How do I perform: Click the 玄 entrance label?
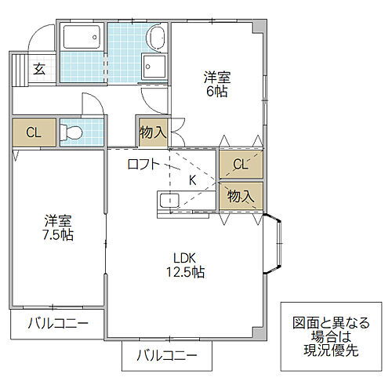tap(38, 68)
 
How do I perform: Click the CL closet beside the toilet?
tap(33, 132)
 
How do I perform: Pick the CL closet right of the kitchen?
tap(241, 165)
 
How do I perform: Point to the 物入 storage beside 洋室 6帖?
tap(153, 131)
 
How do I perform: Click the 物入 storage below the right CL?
tap(241, 196)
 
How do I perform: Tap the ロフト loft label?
tap(143, 165)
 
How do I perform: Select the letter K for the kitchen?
tap(192, 180)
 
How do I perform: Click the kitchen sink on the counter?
tap(169, 201)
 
